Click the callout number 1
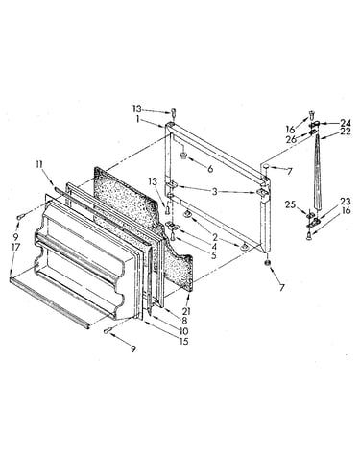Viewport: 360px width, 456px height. coord(137,119)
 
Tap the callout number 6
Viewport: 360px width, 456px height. coord(210,168)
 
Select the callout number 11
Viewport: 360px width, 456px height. coord(38,165)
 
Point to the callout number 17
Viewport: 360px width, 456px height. coord(15,247)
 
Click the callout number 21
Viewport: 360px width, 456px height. coord(186,310)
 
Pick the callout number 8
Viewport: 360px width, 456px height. coord(184,320)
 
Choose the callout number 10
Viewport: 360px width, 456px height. coord(184,331)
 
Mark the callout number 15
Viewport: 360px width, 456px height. coord(183,342)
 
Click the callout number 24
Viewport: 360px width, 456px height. coord(346,123)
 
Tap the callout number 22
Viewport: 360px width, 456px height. coord(346,132)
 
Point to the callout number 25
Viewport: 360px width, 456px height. coord(290,204)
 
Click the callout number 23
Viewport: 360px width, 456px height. coord(346,202)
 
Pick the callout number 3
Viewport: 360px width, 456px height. coord(214,192)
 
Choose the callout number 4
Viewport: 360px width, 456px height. coord(213,247)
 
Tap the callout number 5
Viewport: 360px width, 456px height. coord(213,255)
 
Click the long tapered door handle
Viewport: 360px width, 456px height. coord(317,172)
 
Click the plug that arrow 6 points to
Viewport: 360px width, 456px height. coord(183,156)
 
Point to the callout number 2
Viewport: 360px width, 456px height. coord(215,237)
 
